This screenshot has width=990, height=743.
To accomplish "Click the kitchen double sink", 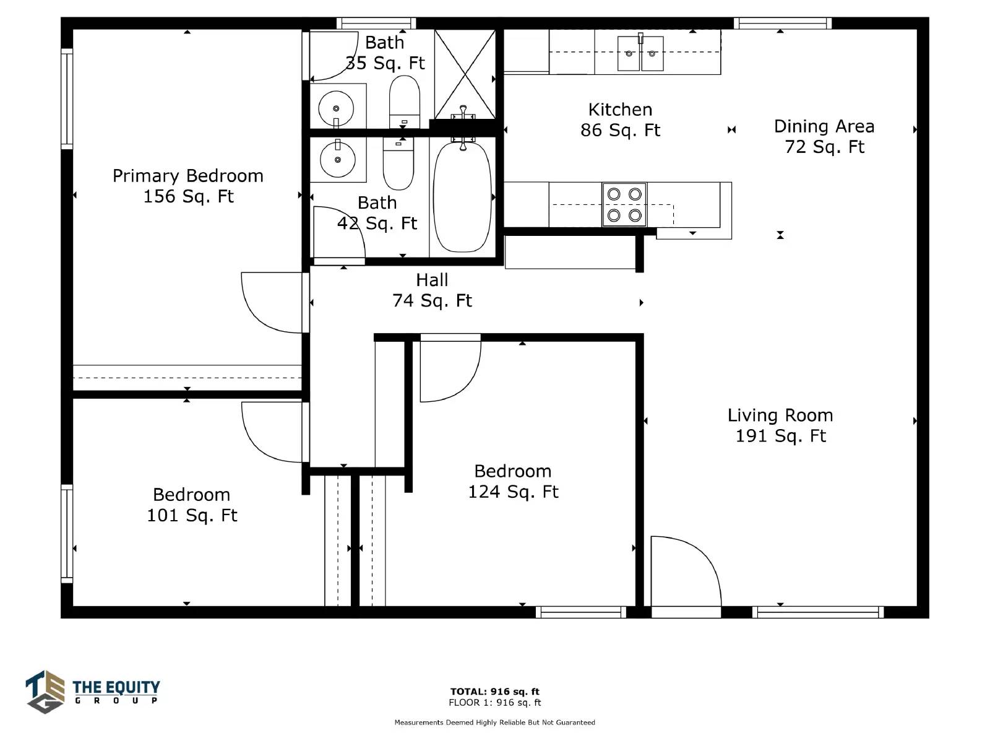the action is click(x=640, y=53).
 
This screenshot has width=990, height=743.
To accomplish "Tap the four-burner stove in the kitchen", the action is click(x=624, y=205).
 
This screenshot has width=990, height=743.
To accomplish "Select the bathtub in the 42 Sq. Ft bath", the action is click(x=462, y=197).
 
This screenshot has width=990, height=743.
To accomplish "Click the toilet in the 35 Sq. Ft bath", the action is click(x=404, y=102).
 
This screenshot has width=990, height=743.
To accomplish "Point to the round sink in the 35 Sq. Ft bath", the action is click(x=336, y=108).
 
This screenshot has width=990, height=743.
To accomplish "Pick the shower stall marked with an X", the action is click(x=465, y=74).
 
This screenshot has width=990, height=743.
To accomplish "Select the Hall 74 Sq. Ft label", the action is click(x=432, y=290).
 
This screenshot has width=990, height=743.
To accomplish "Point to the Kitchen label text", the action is click(x=620, y=110).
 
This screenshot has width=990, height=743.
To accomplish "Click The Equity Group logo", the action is click(x=93, y=692).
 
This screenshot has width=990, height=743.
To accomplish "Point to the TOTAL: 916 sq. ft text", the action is click(x=494, y=691).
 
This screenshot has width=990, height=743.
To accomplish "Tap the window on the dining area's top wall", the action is click(x=783, y=23).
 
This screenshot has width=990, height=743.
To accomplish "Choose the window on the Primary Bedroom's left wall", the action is click(x=67, y=99).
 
